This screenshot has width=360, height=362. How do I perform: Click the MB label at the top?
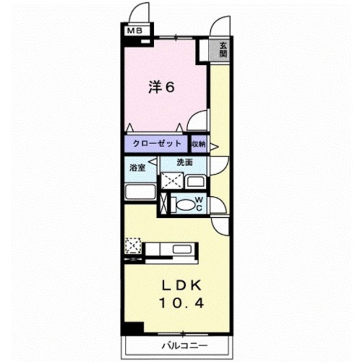click(135, 31)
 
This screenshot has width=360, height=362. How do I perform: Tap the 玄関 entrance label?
click(223, 50)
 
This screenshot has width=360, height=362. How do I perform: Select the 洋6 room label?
click(161, 88)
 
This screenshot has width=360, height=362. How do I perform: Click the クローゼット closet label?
click(157, 144)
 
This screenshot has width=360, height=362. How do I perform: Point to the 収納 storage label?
click(198, 144)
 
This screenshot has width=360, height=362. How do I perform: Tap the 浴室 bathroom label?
click(137, 167)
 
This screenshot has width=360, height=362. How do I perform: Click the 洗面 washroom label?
click(184, 162)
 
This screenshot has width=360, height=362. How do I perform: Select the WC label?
click(199, 204)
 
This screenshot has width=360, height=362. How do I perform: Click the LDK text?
click(181, 286)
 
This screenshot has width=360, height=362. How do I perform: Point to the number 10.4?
click(181, 303)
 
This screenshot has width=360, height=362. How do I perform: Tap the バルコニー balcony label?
click(184, 346)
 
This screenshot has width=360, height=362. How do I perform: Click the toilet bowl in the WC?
click(183, 205)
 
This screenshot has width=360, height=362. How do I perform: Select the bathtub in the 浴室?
click(140, 192)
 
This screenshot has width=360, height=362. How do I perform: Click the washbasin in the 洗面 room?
click(195, 182)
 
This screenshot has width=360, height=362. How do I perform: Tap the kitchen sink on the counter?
click(182, 249)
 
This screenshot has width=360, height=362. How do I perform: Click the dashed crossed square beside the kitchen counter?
click(133, 246)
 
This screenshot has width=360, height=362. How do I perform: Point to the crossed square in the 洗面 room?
click(172, 181)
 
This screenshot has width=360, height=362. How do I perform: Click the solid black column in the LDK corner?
click(134, 327)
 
